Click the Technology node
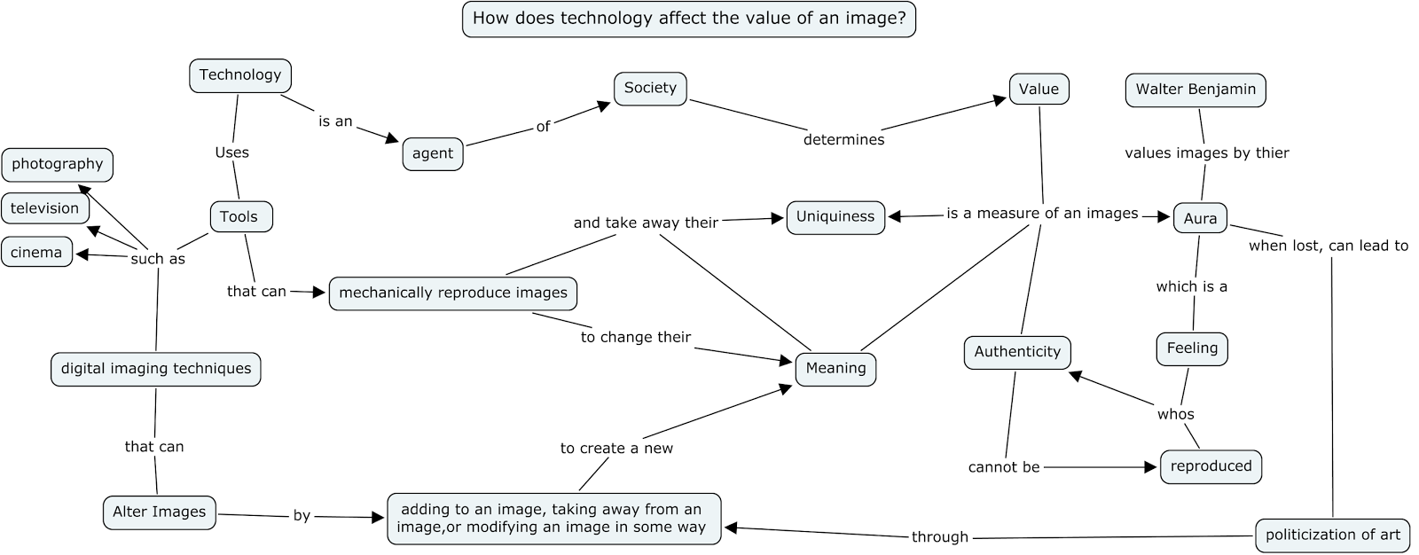[240, 75]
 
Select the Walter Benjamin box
[1196, 90]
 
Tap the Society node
[650, 88]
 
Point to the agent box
[433, 153]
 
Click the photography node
[58, 164]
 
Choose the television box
[45, 208]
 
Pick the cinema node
[36, 253]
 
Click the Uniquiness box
[835, 216]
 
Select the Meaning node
[835, 368]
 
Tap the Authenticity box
[1017, 352]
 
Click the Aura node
[1200, 218]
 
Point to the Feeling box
[1192, 348]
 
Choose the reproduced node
[1211, 466]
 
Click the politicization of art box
[1332, 535]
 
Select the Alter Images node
[160, 512]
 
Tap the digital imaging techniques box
[156, 369]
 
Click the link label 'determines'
[843, 140]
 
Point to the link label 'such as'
[158, 260]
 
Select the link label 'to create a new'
[616, 449]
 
